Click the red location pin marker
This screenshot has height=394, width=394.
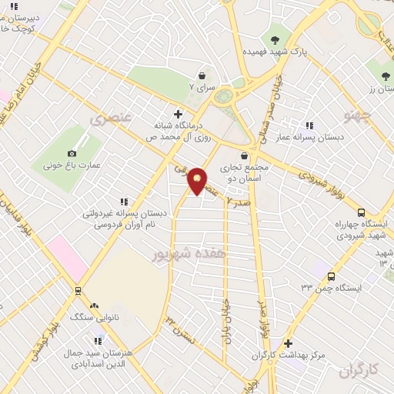point(198,180)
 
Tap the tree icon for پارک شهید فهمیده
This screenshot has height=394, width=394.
point(275,39)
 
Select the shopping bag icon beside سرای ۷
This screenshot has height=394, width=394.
point(202,76)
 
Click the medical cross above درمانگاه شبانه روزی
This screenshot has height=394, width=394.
point(178,114)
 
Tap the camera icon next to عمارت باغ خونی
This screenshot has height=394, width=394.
point(72,153)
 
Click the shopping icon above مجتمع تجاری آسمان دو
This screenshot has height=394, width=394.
point(244,155)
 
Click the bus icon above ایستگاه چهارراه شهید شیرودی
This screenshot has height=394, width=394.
point(361,212)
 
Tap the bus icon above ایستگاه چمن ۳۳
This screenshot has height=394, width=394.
point(331,276)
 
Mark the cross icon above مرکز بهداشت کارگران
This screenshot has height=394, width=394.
point(288,343)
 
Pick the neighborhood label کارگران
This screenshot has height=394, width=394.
point(359,371)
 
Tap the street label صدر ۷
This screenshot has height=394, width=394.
point(239,201)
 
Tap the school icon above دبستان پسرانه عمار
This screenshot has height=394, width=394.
point(309,125)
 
